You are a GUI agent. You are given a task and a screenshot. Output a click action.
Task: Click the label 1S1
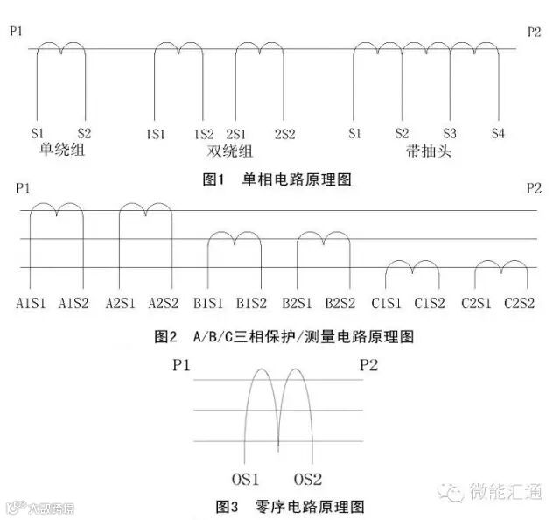point(156,134)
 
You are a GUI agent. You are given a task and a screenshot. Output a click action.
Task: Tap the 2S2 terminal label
point(284,134)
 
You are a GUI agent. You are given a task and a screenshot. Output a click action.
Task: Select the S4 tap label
point(498,134)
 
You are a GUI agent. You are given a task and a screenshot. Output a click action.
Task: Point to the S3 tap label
point(450,134)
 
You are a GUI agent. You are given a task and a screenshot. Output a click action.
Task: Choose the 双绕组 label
point(219,151)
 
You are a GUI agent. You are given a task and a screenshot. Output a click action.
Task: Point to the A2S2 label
point(164,304)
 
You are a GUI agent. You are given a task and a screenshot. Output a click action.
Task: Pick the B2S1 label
point(297,304)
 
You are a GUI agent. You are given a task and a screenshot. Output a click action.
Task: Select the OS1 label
point(246,480)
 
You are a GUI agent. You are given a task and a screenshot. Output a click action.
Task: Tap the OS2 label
point(309,480)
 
